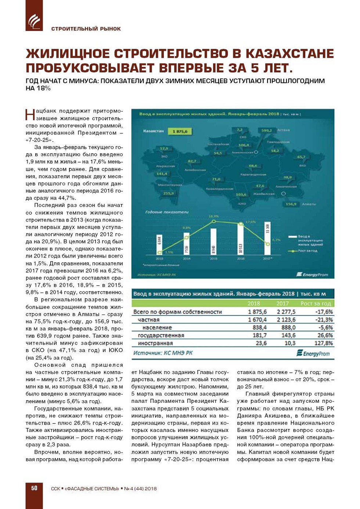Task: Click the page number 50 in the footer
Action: click(x=34, y=488)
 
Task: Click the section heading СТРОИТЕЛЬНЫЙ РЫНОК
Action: click(x=86, y=29)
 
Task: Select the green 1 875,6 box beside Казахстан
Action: click(x=180, y=131)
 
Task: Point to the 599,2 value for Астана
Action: click(x=267, y=130)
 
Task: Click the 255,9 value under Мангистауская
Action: click(x=169, y=193)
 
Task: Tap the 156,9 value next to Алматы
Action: click(x=291, y=204)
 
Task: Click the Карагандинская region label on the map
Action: click(x=253, y=174)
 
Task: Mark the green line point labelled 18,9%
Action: click(x=214, y=221)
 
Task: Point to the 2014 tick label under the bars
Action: click(x=187, y=259)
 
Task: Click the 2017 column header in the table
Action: click(x=282, y=304)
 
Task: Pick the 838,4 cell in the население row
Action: click(x=259, y=327)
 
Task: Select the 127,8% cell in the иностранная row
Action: click(x=324, y=343)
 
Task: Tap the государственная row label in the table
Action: click(x=161, y=336)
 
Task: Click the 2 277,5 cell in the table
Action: click(x=286, y=312)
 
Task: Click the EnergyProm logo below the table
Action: click(x=313, y=353)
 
